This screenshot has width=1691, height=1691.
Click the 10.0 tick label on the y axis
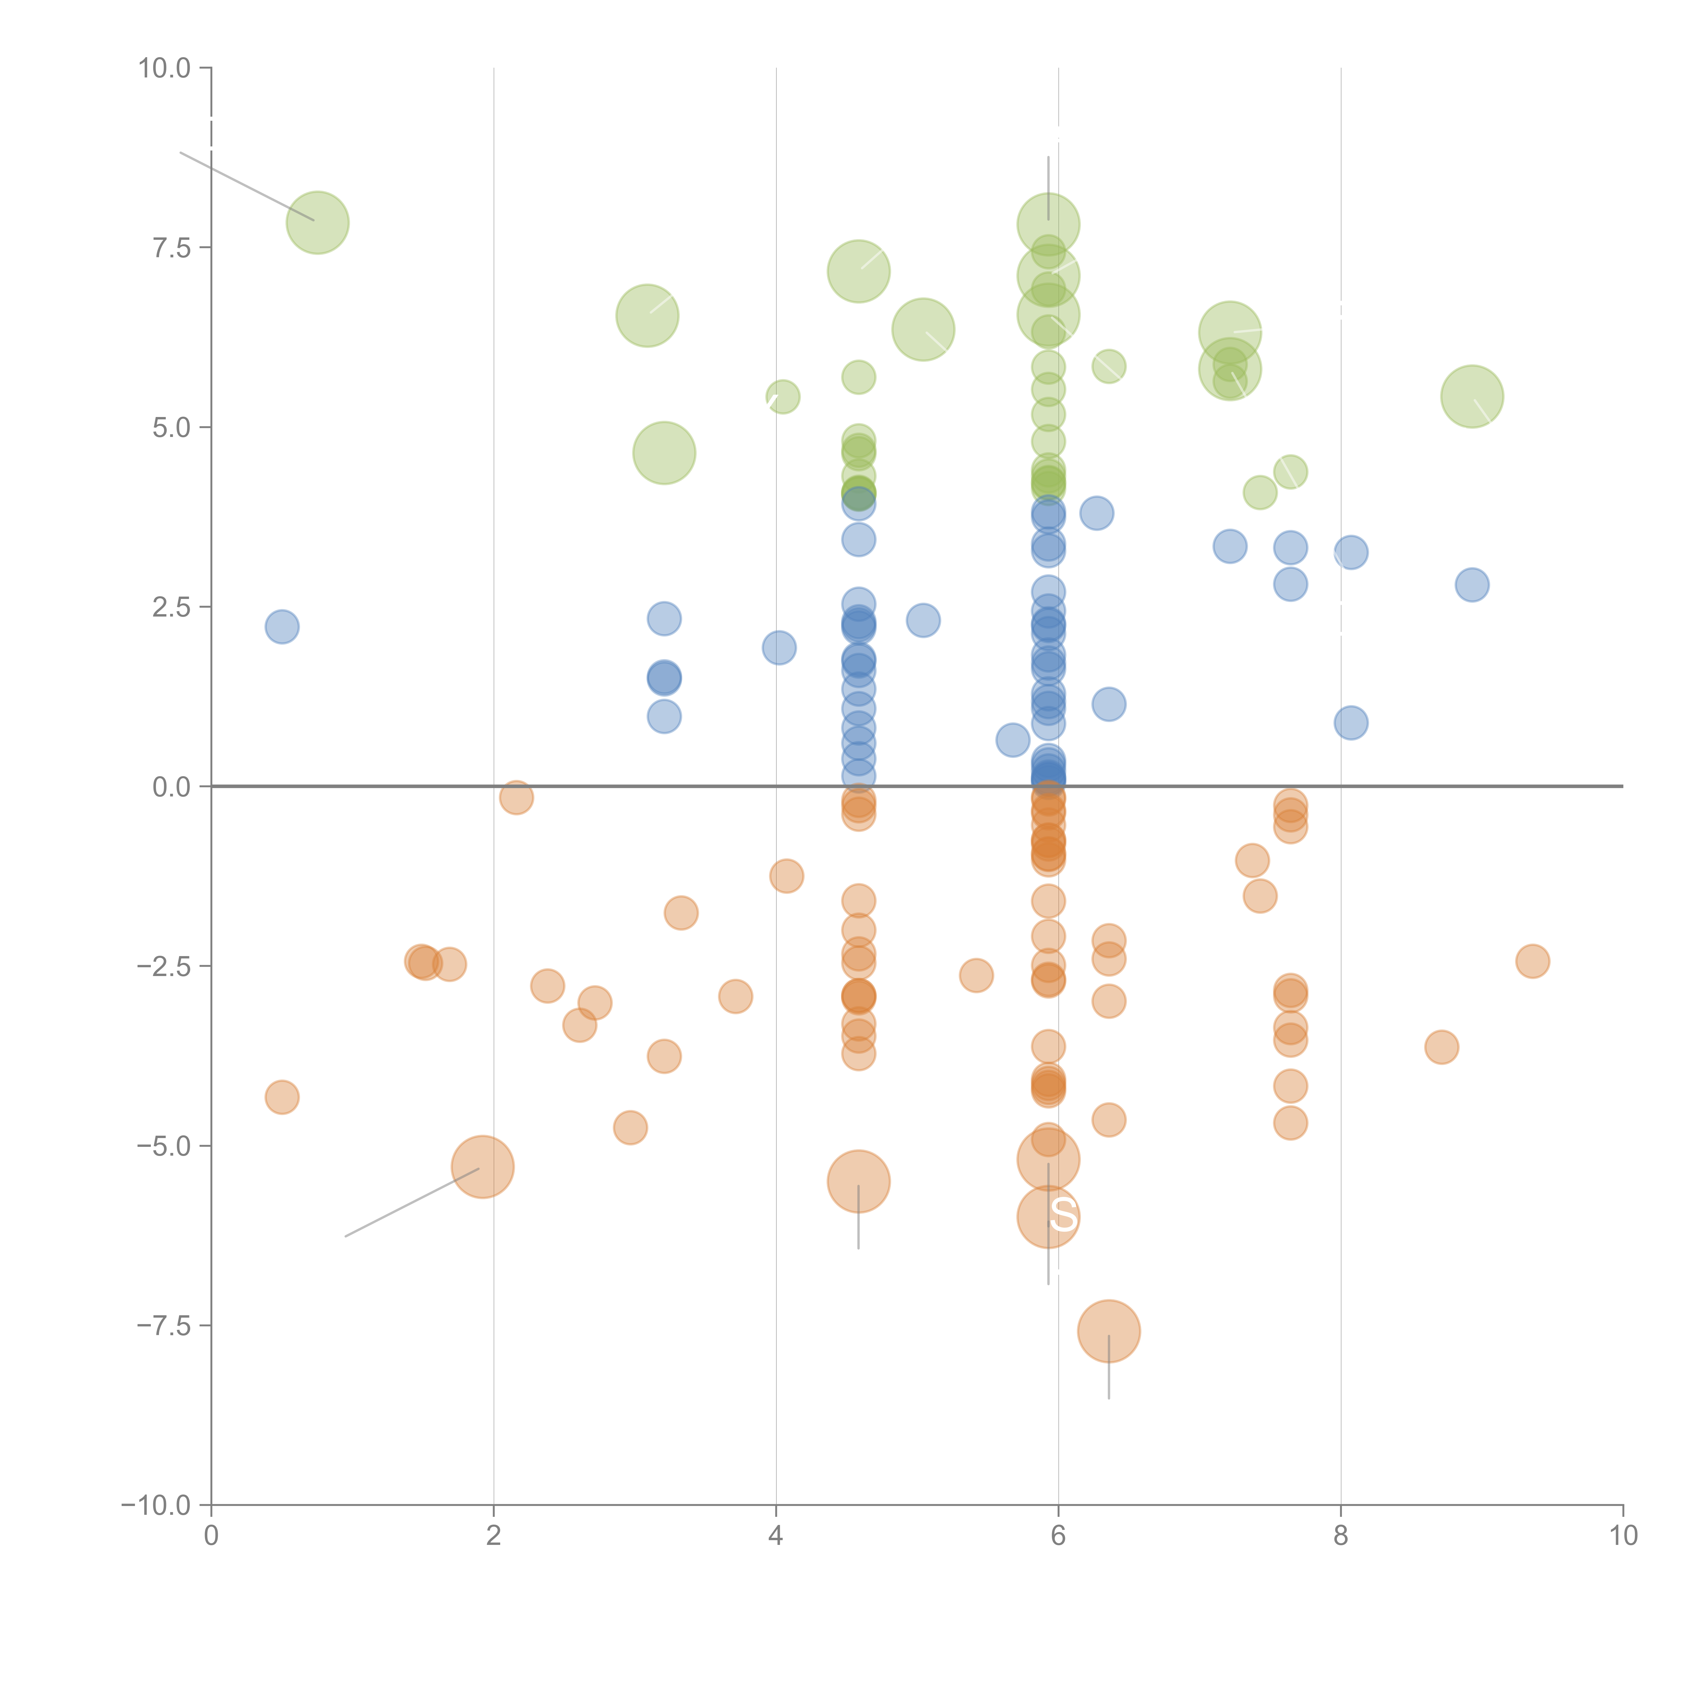165,68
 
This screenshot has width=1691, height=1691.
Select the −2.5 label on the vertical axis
165,966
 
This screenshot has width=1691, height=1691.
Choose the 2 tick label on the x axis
494,1536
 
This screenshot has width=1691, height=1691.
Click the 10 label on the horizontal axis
1623,1536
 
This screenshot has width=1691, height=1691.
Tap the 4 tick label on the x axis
775,1536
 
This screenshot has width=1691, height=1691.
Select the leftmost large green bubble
318,222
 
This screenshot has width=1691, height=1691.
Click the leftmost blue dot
282,627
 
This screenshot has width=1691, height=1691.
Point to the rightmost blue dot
1472,585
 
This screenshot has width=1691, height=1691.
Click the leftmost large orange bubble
482,1167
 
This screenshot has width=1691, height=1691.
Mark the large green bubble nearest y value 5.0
664,453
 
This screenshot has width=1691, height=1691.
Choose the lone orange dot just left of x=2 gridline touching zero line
516,797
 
